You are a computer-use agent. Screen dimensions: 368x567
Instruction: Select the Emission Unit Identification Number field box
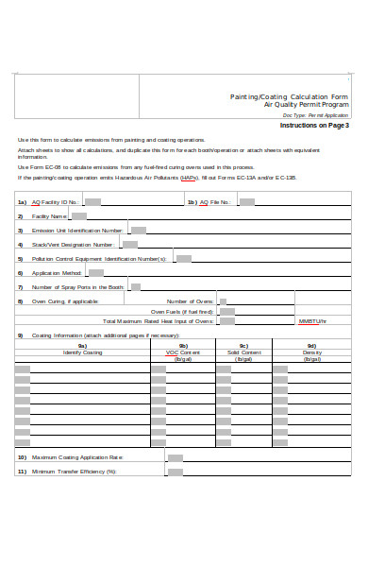click(138, 230)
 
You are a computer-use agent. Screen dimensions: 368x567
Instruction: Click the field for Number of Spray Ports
click(135, 286)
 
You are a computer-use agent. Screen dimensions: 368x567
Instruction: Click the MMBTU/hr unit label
click(312, 321)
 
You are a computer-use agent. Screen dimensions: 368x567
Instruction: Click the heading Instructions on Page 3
click(314, 125)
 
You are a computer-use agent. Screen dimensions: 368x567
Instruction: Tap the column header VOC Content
click(184, 352)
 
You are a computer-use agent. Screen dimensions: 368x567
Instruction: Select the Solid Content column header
click(243, 352)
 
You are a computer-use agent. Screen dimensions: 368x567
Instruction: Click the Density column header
click(311, 352)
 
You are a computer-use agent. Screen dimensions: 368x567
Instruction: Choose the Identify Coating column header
click(82, 352)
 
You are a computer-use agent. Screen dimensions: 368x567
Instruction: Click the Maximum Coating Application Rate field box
click(175, 456)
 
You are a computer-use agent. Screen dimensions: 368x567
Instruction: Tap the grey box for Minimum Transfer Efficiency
click(175, 471)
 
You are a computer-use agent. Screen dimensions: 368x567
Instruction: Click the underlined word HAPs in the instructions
click(189, 177)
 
